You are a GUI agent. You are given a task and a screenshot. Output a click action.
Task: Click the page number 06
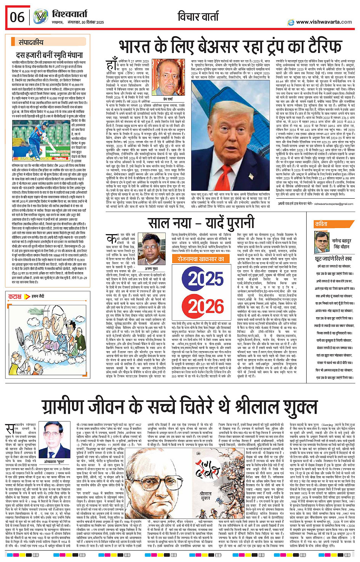click(x=17, y=17)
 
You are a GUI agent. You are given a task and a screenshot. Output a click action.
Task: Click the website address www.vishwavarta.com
click(x=324, y=22)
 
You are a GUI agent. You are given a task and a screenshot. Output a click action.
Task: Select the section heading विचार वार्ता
click(x=198, y=16)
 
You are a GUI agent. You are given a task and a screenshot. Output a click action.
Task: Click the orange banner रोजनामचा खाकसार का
click(x=201, y=259)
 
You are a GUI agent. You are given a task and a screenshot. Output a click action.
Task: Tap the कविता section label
click(x=321, y=224)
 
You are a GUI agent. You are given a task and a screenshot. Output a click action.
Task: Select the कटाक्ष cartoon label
click(x=15, y=296)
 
